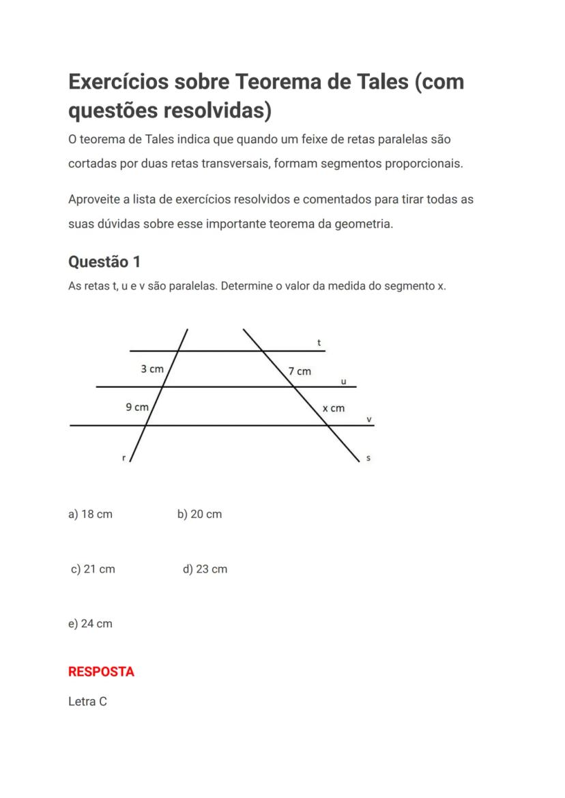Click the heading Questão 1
104,261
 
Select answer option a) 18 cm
90,514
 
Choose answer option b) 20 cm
199,514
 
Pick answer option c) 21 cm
93,569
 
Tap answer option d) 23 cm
205,569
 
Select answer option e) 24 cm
90,623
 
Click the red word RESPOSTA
101,671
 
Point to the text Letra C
87,701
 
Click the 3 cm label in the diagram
152,369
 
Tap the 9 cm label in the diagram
137,408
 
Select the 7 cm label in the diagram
300,371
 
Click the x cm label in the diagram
334,408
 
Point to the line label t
319,343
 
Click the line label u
343,382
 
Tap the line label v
369,420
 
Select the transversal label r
124,459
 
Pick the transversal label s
368,459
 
